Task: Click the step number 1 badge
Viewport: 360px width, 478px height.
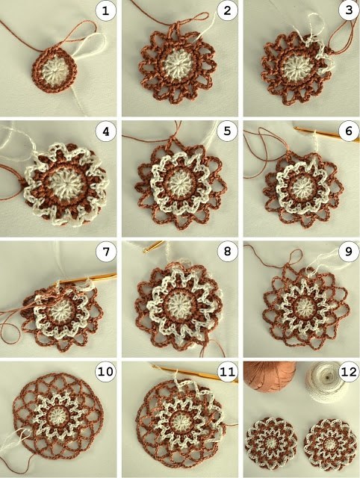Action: point(106,11)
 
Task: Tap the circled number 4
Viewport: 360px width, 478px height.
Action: point(106,131)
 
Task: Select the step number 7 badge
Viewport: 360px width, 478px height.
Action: point(106,252)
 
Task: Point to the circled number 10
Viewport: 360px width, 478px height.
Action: point(106,372)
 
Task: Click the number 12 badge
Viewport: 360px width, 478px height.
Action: point(349,372)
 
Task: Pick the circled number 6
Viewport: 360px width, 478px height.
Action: point(349,131)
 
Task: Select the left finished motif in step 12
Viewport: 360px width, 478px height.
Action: point(271,441)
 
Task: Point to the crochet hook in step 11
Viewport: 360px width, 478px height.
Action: point(195,373)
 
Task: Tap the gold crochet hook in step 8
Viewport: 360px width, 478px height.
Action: point(154,246)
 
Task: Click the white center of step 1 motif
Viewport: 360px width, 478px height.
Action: point(55,71)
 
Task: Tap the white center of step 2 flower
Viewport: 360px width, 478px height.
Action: point(176,65)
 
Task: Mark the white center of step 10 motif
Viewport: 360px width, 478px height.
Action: point(57,415)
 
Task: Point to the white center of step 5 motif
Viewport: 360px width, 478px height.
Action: point(179,183)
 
